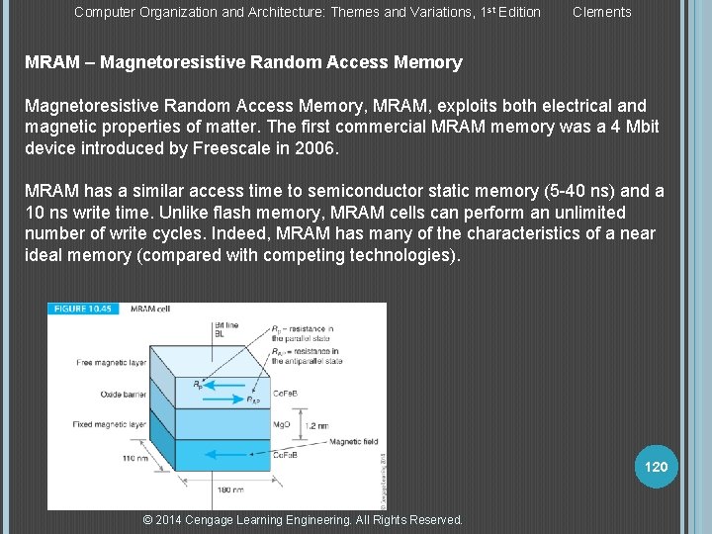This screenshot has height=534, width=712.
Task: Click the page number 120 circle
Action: pos(656,467)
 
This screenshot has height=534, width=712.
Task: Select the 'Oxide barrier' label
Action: pos(124,394)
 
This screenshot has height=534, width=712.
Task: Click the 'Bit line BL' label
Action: pos(224,330)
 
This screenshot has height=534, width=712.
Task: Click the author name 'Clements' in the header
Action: pos(601,12)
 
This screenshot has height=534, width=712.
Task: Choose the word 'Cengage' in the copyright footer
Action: pos(216,520)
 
